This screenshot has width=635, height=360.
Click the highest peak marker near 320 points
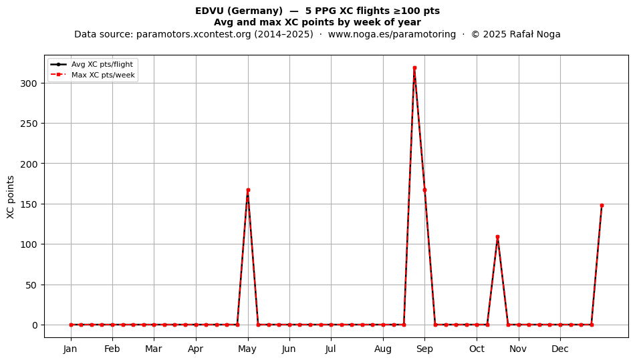[414, 68]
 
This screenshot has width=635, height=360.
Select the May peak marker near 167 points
[248, 190]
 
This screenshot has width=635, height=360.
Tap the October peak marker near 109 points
[497, 236]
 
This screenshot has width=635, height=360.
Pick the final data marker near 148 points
[602, 206]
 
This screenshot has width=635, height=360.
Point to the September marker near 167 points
[424, 190]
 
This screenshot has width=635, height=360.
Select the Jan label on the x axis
[70, 349]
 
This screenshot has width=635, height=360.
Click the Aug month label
[383, 349]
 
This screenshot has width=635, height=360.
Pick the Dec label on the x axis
[560, 349]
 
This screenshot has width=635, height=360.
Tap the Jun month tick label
[289, 349]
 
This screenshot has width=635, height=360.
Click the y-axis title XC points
[11, 197]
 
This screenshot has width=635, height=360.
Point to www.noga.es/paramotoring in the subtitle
[392, 34]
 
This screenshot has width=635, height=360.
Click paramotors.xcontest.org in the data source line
[194, 34]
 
